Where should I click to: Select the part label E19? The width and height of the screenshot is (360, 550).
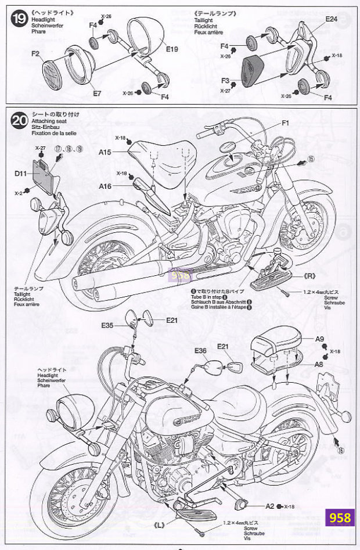171,49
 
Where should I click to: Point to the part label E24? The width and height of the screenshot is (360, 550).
331,19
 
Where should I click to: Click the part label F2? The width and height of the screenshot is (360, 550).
35,54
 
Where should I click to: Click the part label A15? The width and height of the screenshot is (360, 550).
105,152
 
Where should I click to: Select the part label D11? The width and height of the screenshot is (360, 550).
21,173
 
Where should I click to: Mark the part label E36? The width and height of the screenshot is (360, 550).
200,350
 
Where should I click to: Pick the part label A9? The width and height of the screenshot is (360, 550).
319,339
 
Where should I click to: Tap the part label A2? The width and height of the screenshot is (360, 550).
269,506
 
